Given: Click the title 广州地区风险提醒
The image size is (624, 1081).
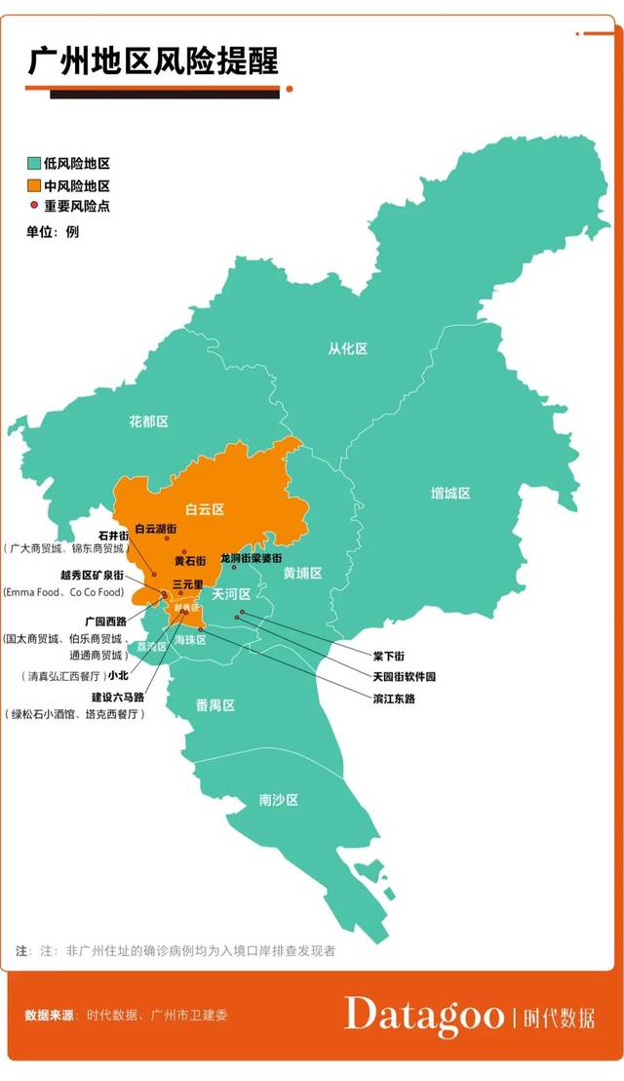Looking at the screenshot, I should click(153, 60).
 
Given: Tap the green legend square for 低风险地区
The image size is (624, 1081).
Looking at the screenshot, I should click(32, 164).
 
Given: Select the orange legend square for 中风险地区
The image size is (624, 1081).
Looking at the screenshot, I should click(32, 185).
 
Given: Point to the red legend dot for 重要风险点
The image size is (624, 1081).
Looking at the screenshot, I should click(33, 206).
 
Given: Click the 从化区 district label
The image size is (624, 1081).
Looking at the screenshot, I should click(347, 348).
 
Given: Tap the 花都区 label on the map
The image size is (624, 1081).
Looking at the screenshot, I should click(148, 421).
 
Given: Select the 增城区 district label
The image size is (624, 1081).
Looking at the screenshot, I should click(450, 493).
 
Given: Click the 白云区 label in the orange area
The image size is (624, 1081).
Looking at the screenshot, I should click(205, 509).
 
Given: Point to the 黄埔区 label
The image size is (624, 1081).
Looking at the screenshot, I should click(302, 573).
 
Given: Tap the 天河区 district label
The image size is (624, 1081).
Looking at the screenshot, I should click(231, 594).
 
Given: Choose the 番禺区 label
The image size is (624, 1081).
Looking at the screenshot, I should click(214, 704).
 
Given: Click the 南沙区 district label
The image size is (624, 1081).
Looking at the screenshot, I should click(278, 800).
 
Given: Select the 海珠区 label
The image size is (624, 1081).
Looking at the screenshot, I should click(190, 640).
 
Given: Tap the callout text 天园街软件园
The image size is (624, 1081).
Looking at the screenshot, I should click(404, 676).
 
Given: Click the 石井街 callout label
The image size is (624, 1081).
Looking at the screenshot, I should click(114, 535).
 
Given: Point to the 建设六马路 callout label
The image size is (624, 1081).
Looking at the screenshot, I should click(118, 697).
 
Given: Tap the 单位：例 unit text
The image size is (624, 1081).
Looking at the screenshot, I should click(53, 231).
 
